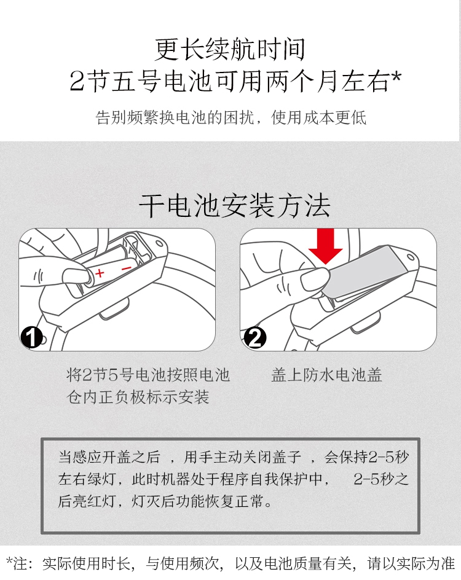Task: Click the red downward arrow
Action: click(325, 246)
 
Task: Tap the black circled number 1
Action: click(31, 337)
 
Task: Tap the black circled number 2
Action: click(255, 337)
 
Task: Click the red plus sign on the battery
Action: click(100, 273)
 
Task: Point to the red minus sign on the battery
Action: click(126, 268)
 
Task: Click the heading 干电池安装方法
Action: click(235, 206)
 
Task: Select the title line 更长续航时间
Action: click(230, 49)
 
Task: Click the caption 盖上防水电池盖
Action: click(326, 375)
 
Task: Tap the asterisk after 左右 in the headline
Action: click(396, 77)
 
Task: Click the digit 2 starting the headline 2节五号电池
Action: click(77, 81)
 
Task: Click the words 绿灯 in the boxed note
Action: click(102, 479)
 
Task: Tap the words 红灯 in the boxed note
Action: click(102, 501)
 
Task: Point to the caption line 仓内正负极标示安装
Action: click(138, 397)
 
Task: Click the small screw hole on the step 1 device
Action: click(159, 244)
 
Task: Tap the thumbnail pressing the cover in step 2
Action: click(315, 280)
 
